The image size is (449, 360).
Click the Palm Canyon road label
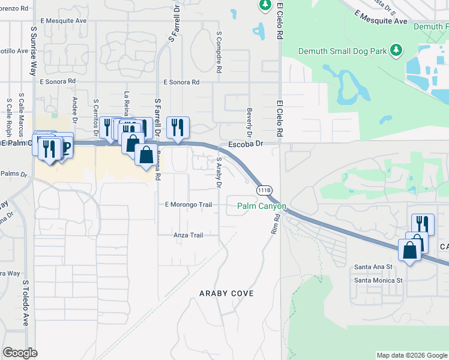[x=262, y=206]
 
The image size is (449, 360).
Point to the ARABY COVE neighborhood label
[x=226, y=293]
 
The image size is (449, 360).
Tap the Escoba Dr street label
[x=246, y=144]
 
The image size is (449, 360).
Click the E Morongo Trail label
[x=188, y=205]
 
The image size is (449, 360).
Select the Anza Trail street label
[x=188, y=235]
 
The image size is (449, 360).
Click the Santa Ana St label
[x=373, y=266]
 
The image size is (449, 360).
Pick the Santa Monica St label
[x=378, y=280]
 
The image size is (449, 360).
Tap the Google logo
[x=20, y=352]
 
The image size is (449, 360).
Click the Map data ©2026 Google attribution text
[x=411, y=355]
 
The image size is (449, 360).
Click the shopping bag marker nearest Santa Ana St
[x=410, y=250]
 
